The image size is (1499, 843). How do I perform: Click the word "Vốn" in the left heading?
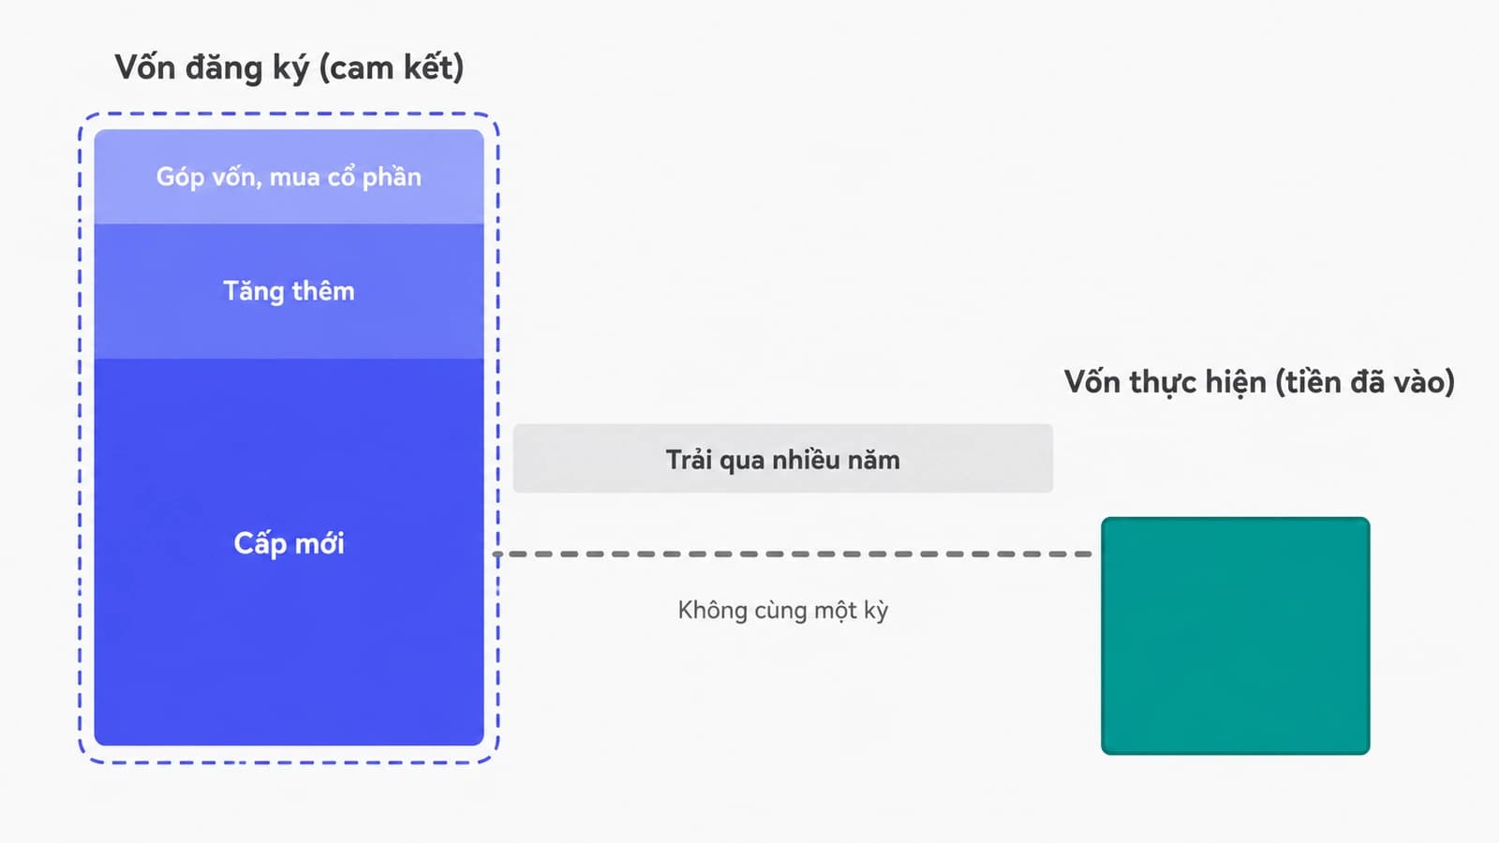point(144,67)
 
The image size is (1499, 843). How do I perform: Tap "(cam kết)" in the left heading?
point(392,68)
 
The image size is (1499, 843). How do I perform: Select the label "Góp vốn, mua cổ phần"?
point(289,178)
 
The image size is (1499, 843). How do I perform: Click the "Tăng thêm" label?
point(289,291)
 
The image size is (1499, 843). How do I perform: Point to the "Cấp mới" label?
point(289,542)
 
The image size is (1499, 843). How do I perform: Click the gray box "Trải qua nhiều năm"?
point(783,458)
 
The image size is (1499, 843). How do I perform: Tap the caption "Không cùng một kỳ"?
point(783,610)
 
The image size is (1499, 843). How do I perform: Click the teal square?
point(1236,636)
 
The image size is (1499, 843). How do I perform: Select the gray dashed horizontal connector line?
point(793,554)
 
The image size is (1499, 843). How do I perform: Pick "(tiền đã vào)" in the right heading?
point(1365,383)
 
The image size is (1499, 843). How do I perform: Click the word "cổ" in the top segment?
point(341,177)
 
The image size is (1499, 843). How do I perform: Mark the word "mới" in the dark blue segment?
point(319,542)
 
